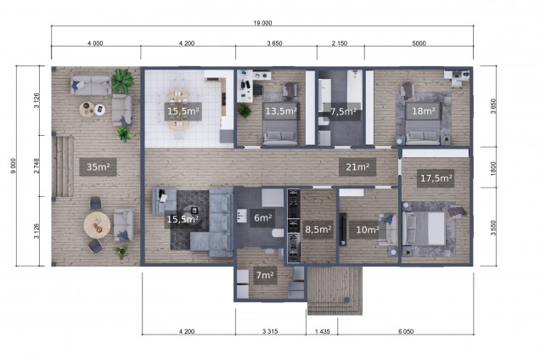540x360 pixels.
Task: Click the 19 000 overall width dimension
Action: (262, 23)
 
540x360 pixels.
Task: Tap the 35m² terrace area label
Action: (98, 167)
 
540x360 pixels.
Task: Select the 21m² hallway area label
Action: (357, 167)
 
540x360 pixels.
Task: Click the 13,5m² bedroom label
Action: (281, 111)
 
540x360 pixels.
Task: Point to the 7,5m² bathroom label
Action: (343, 111)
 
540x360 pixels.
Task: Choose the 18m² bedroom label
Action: (423, 111)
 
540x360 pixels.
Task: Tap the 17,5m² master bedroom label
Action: (436, 178)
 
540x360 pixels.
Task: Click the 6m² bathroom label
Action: (262, 217)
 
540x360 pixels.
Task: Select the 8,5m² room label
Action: (318, 229)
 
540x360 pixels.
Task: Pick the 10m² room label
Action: (368, 229)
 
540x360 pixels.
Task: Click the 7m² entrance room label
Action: (265, 275)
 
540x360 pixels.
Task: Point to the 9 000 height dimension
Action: (13, 166)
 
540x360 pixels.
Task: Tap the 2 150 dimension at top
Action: (340, 43)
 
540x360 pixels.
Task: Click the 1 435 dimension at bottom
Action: (323, 331)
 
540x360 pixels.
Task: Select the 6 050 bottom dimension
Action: (406, 331)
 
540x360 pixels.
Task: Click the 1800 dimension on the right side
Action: (493, 168)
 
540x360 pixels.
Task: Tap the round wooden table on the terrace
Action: (97, 225)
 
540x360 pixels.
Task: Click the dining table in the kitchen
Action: (178, 110)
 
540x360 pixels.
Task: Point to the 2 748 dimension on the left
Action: (37, 166)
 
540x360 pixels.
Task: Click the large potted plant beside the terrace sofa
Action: (122, 82)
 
